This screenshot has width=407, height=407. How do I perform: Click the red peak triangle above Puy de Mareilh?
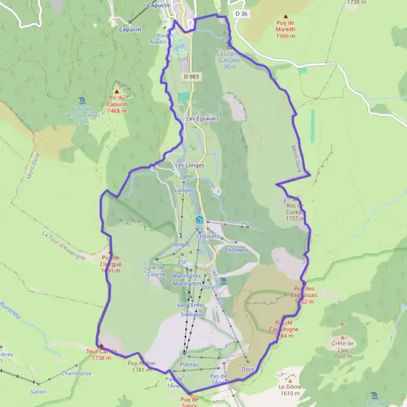[x=286, y=16]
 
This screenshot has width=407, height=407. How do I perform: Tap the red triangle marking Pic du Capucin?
[x=117, y=91]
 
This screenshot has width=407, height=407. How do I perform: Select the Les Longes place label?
[x=189, y=166]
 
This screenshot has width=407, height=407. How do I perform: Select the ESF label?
[x=182, y=261]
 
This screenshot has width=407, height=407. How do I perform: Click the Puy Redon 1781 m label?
[x=142, y=366]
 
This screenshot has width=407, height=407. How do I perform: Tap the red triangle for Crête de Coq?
[x=342, y=336]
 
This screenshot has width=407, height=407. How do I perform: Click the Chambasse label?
[x=76, y=373]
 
